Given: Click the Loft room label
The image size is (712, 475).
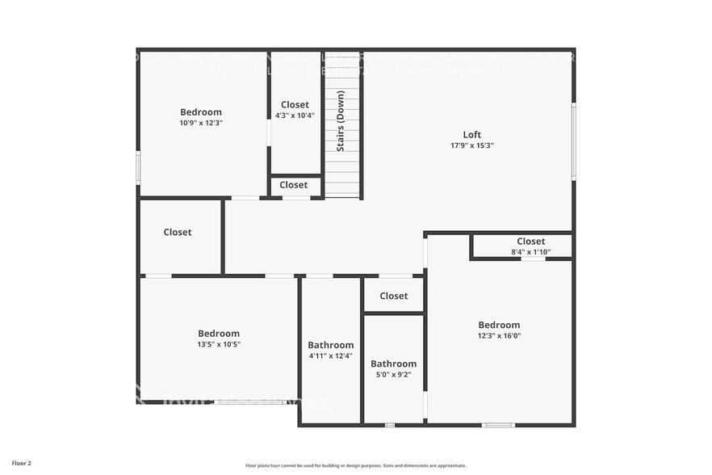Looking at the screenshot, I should pos(472,135).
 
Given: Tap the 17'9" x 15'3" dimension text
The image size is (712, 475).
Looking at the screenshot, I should pos(472,146).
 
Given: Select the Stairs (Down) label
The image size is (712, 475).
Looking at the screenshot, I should pos(341,121).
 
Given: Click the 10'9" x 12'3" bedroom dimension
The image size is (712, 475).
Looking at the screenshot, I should pos(200,124).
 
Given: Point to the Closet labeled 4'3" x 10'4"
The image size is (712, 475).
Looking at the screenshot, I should pos(295,105).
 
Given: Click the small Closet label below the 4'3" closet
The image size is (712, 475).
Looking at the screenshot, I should pos(294,185).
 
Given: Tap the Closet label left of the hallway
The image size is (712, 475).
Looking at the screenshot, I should pos(178,233).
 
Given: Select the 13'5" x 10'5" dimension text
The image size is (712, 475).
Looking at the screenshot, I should pos(219,344).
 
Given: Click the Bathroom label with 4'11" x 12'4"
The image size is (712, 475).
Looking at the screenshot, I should pos(330,345).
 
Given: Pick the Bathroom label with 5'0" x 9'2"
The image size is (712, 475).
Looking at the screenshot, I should pos(393,364).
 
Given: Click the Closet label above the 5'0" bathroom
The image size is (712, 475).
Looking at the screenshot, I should pos(393,296).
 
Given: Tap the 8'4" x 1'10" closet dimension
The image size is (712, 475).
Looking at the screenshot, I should pos(530,252).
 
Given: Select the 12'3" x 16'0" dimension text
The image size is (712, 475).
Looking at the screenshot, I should pos(499,336).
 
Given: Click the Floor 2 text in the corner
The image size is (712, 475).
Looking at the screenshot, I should pos(22,463).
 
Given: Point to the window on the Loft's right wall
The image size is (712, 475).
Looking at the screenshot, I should pos(574,141).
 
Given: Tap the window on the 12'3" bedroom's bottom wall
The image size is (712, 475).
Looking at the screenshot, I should pos(497,425).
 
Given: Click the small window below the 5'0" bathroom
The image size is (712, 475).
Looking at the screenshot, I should pos(390,425).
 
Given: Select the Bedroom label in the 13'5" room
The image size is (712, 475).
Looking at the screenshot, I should pos(219,334).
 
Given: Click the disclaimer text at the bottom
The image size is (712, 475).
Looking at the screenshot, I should pos(355,465).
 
